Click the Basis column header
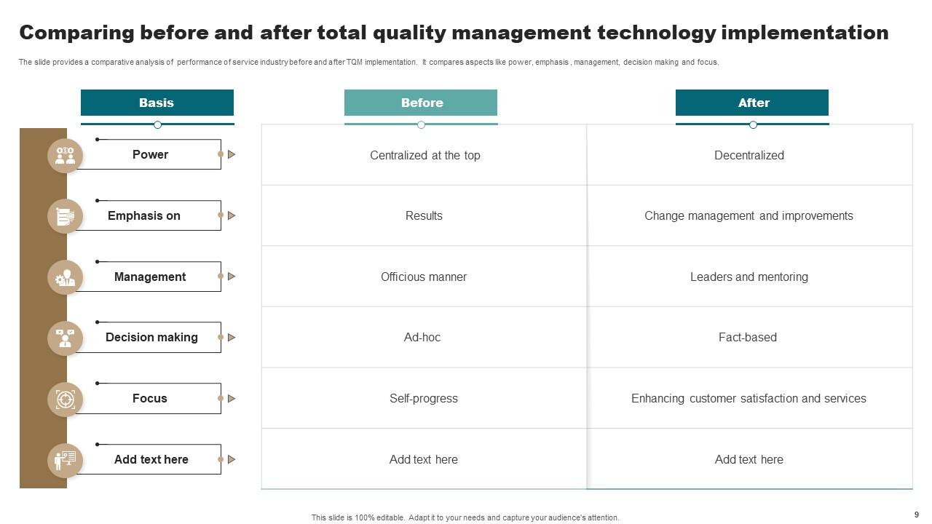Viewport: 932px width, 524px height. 157,103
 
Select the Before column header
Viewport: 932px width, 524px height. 421,103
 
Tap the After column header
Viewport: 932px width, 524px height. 752,103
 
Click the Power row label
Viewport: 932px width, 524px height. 150,154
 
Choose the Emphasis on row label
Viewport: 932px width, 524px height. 144,215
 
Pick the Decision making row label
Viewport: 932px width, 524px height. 151,337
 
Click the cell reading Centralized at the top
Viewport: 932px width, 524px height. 424,155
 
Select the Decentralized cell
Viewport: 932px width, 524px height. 749,155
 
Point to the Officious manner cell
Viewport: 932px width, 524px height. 424,277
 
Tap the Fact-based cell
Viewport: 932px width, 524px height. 748,337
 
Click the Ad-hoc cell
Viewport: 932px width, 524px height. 422,337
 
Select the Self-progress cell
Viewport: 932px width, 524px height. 424,398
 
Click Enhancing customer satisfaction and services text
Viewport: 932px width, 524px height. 749,398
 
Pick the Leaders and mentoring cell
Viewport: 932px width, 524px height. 749,277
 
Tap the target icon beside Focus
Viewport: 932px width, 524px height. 66,399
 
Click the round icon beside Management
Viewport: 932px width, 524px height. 66,277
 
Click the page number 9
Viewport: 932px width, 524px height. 916,515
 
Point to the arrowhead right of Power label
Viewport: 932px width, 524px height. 232,154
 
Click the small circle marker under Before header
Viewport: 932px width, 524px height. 421,125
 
